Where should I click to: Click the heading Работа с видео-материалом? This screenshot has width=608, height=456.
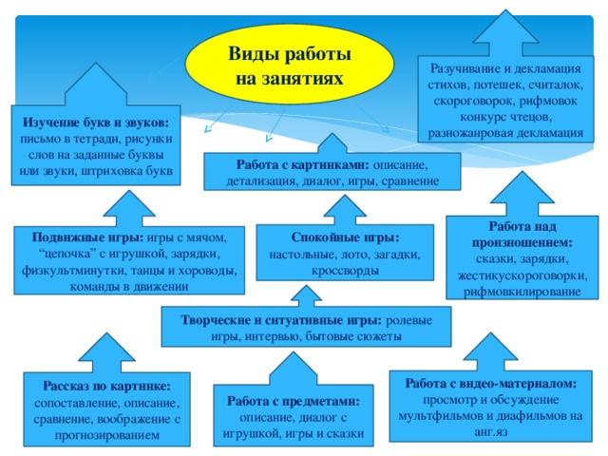coord(490,383)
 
